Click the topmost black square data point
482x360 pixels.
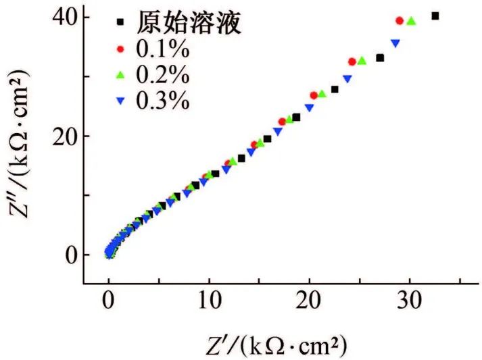[435, 16]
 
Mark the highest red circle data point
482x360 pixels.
[399, 21]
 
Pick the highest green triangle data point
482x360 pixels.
[410, 22]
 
